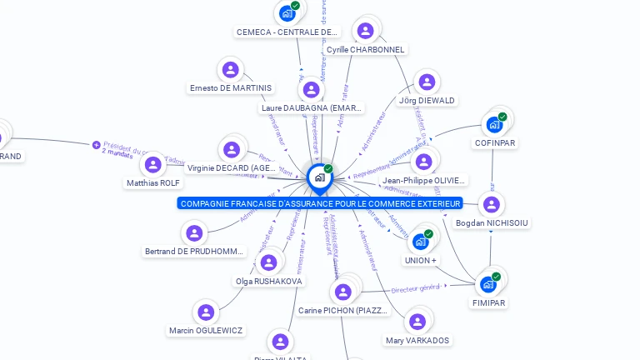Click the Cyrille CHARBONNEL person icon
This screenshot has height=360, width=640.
click(x=365, y=31)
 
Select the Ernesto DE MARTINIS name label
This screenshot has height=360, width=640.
click(x=231, y=87)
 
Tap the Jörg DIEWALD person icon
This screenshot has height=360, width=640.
click(x=427, y=82)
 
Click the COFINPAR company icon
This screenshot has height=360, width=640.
click(x=495, y=124)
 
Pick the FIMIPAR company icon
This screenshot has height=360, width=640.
click(x=488, y=284)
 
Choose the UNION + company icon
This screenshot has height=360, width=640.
click(x=421, y=242)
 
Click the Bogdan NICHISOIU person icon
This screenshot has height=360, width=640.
click(x=492, y=204)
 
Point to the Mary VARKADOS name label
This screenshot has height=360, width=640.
click(x=417, y=340)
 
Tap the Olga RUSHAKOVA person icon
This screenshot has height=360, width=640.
click(x=267, y=262)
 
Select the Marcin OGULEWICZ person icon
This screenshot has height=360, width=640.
click(x=206, y=312)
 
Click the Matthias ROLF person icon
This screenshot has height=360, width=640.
click(x=153, y=164)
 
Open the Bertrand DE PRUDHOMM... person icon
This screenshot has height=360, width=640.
click(x=194, y=233)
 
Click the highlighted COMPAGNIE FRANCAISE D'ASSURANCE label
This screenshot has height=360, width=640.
click(x=321, y=203)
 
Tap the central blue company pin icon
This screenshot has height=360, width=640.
click(x=319, y=177)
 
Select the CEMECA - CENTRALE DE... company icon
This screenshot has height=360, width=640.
click(x=288, y=13)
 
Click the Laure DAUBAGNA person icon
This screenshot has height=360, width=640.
click(x=312, y=89)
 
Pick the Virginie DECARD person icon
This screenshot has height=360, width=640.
click(x=232, y=150)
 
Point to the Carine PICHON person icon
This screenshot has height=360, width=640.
click(x=342, y=292)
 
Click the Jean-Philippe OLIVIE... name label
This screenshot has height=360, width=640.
click(x=423, y=180)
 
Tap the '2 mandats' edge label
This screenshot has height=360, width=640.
click(x=117, y=152)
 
